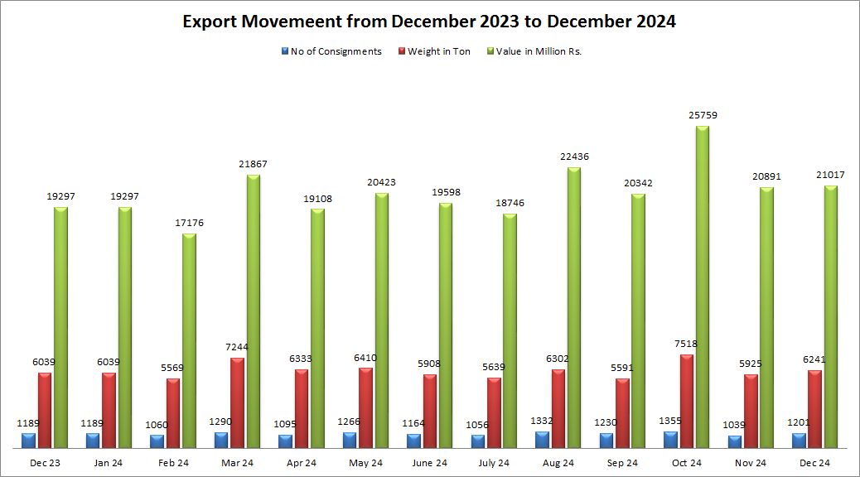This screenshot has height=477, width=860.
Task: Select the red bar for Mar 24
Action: point(237,402)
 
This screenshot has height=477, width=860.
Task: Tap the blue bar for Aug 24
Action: point(542,440)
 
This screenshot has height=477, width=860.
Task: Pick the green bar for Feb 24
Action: point(189,340)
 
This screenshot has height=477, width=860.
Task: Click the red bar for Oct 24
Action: point(687,401)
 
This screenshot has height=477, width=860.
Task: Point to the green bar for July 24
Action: point(510,330)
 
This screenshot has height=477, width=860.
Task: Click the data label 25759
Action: point(703,116)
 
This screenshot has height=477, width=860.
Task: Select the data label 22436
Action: point(573,157)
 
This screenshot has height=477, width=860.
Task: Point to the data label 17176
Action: point(189,223)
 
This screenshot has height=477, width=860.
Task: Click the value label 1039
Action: point(734,425)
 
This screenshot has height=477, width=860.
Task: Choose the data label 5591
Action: point(622,369)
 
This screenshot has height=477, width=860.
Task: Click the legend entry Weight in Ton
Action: point(438,51)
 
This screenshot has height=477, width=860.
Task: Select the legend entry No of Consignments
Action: point(336,51)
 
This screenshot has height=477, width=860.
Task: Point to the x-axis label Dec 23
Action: point(45,463)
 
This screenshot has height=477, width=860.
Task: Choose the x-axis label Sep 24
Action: point(622,463)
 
